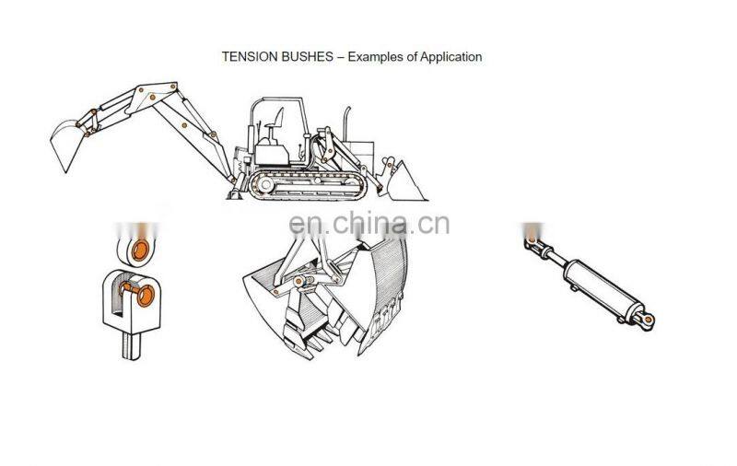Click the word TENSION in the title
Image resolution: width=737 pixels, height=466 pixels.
pos(244,57)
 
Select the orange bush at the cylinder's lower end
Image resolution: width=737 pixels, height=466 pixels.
pos(649,320)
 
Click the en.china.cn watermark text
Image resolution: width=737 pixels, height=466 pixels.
pos(368,224)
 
